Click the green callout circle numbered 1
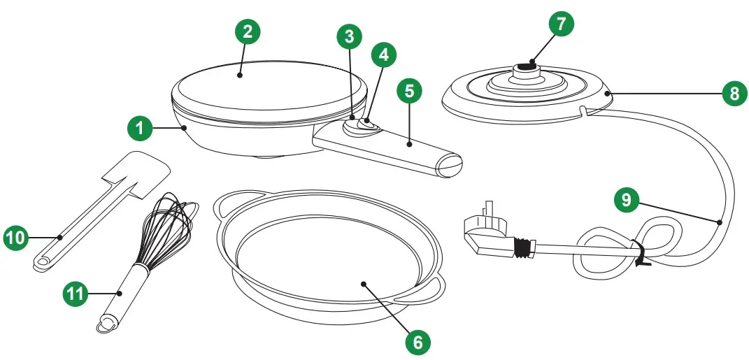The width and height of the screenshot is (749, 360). [141, 128]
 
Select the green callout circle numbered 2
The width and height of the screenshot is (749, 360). [247, 31]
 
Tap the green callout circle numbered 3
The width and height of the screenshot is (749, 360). [349, 36]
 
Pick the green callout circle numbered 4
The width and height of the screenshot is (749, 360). [383, 54]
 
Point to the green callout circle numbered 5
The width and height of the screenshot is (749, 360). [410, 92]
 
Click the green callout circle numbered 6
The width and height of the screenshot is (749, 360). [416, 341]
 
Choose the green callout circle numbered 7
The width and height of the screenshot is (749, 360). [561, 23]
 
